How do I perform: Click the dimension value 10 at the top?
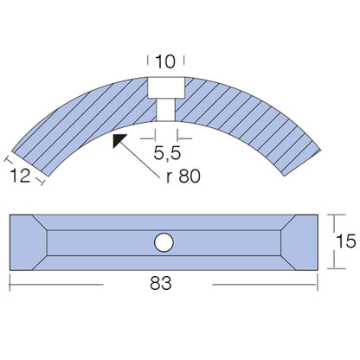[x=164, y=61]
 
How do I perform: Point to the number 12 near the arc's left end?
[x=22, y=177]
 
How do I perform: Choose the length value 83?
[x=165, y=284]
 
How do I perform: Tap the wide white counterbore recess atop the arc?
[x=164, y=88]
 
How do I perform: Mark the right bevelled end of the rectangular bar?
[x=299, y=243]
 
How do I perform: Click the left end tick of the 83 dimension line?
[x=10, y=284]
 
